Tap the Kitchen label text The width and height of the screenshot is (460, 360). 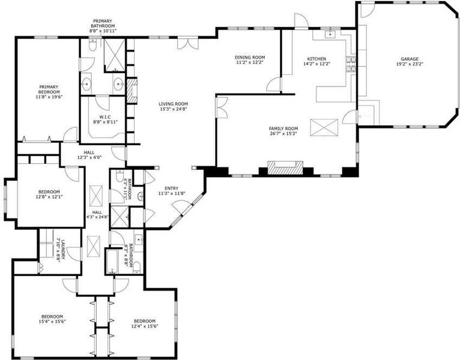(316, 59)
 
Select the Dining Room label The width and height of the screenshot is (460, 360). (250, 57)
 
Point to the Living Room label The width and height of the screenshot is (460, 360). (173, 104)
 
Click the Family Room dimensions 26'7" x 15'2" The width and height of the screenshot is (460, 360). (283, 133)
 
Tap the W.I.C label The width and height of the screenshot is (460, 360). (105, 116)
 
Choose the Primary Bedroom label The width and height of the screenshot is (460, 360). (49, 89)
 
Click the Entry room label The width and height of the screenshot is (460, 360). (171, 188)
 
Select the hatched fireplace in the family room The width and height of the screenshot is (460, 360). (285, 168)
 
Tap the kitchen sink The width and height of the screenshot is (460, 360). (331, 34)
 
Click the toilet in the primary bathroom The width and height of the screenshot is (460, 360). (92, 46)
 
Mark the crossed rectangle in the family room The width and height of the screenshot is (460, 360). (324, 128)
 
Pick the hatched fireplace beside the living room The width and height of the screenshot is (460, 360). (132, 90)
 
